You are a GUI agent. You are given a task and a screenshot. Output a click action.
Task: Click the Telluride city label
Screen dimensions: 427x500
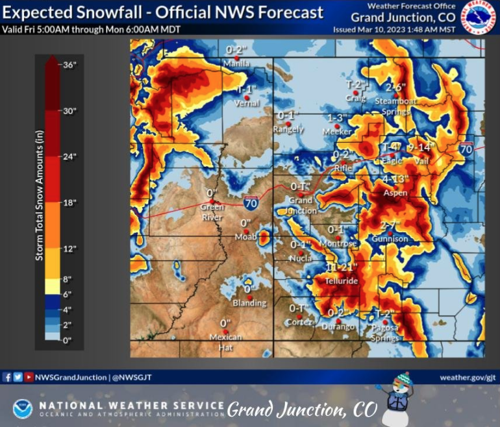342,281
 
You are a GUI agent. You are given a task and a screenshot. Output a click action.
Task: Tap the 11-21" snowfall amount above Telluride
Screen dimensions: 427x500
342,267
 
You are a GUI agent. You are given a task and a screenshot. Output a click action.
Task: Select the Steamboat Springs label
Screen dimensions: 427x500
392,106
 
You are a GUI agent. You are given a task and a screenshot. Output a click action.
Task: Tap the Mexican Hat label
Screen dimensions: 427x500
225,342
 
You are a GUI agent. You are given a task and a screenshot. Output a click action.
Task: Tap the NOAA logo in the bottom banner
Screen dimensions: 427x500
22,408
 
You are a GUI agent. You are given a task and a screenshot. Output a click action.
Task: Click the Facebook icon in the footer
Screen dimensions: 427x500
7,376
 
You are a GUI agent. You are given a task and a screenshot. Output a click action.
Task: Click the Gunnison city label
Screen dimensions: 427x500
390,239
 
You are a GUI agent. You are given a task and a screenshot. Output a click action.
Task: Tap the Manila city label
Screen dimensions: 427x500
236,64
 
